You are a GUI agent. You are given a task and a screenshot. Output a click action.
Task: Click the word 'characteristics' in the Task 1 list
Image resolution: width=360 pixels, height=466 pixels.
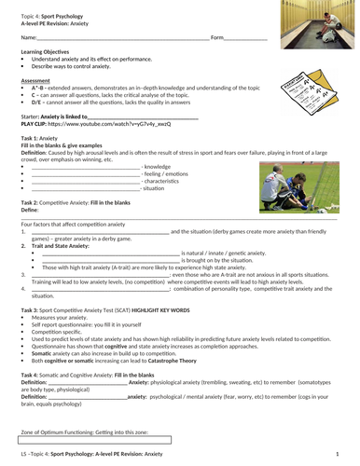click(163, 182)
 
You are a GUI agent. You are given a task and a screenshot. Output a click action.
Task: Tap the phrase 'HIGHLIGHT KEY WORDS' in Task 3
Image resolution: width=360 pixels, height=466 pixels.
click(186, 308)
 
